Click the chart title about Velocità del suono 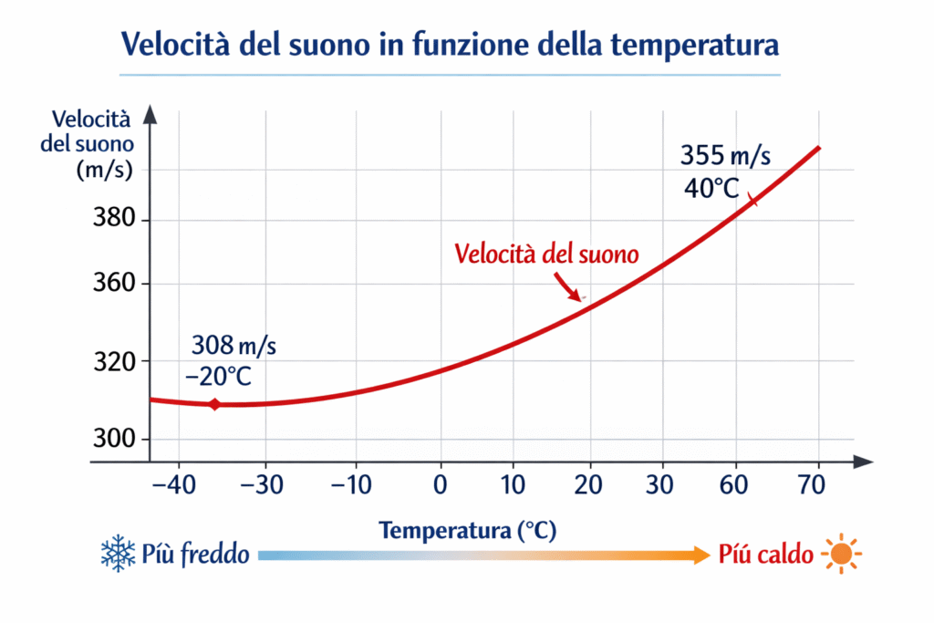(x=451, y=44)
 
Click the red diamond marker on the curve (x=214, y=404)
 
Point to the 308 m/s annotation (x=233, y=347)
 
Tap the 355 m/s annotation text (x=726, y=155)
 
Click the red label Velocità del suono (x=546, y=253)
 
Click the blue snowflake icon (x=118, y=554)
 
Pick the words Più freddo (x=196, y=554)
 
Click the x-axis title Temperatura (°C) (x=468, y=530)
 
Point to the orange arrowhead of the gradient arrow (x=699, y=554)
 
